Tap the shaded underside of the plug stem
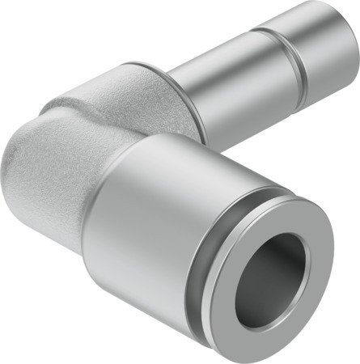(243, 113)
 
